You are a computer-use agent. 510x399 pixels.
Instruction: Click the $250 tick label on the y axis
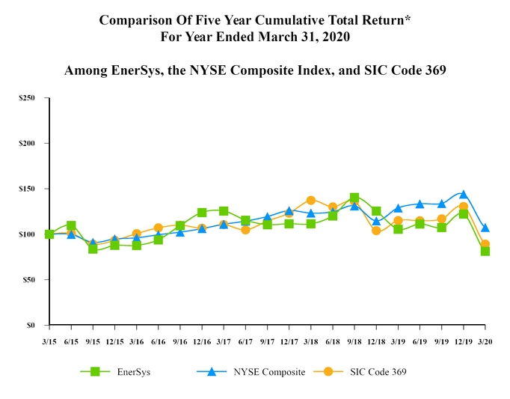pyautogui.click(x=27, y=98)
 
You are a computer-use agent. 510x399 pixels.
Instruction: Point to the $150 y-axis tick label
pyautogui.click(x=27, y=189)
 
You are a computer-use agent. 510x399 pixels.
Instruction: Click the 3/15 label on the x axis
pyautogui.click(x=49, y=341)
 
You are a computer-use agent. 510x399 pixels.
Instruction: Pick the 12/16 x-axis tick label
pyautogui.click(x=202, y=341)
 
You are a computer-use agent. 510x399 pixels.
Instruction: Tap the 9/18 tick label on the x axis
pyautogui.click(x=354, y=341)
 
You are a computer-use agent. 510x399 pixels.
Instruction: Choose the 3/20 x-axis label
pyautogui.click(x=485, y=341)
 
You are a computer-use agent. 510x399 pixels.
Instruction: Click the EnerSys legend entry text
pyautogui.click(x=134, y=372)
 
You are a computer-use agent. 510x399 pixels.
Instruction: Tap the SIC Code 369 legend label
pyautogui.click(x=378, y=372)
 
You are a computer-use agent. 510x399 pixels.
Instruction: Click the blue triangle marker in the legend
pyautogui.click(x=212, y=372)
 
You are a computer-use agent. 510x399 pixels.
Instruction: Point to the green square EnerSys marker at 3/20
pyautogui.click(x=485, y=251)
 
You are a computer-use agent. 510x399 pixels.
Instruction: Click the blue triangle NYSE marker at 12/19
pyautogui.click(x=464, y=195)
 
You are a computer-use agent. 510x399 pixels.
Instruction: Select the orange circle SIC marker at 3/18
pyautogui.click(x=310, y=201)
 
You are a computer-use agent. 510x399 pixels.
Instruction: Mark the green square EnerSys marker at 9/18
pyautogui.click(x=354, y=198)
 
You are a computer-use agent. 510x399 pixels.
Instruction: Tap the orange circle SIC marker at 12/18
pyautogui.click(x=376, y=231)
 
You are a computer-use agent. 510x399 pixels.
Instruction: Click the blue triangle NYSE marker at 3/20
pyautogui.click(x=485, y=228)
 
